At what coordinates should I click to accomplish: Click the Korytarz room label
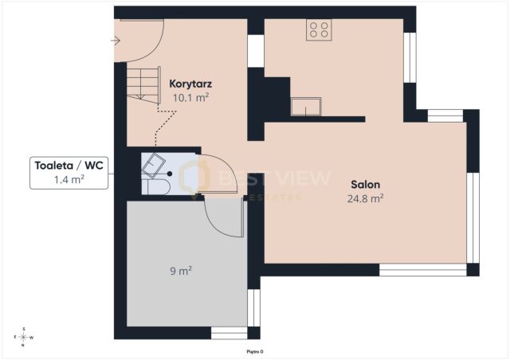pyautogui.click(x=190, y=84)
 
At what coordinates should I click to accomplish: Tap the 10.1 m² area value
pyautogui.click(x=190, y=97)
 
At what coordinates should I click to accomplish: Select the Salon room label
pyautogui.click(x=365, y=185)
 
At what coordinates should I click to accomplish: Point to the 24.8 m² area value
pyautogui.click(x=365, y=198)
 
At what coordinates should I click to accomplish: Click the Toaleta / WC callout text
pyautogui.click(x=69, y=166)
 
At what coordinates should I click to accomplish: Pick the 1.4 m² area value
pyautogui.click(x=69, y=179)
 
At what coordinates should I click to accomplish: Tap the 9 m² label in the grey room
pyautogui.click(x=181, y=271)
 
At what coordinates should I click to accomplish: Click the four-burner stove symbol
pyautogui.click(x=319, y=29)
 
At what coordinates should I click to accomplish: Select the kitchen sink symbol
pyautogui.click(x=306, y=107)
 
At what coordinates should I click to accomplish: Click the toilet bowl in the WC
pyautogui.click(x=156, y=187)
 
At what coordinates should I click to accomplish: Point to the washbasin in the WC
pyautogui.click(x=153, y=166)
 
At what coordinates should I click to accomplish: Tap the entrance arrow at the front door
pyautogui.click(x=116, y=41)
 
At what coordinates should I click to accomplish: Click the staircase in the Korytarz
pyautogui.click(x=143, y=85)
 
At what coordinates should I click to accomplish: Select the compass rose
pyautogui.click(x=23, y=337)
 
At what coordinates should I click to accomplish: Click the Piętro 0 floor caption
pyautogui.click(x=255, y=351)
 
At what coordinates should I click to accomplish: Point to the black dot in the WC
pyautogui.click(x=170, y=174)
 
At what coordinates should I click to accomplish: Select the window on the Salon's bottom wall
pyautogui.click(x=423, y=270)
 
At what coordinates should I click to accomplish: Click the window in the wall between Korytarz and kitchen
pyautogui.click(x=256, y=51)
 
